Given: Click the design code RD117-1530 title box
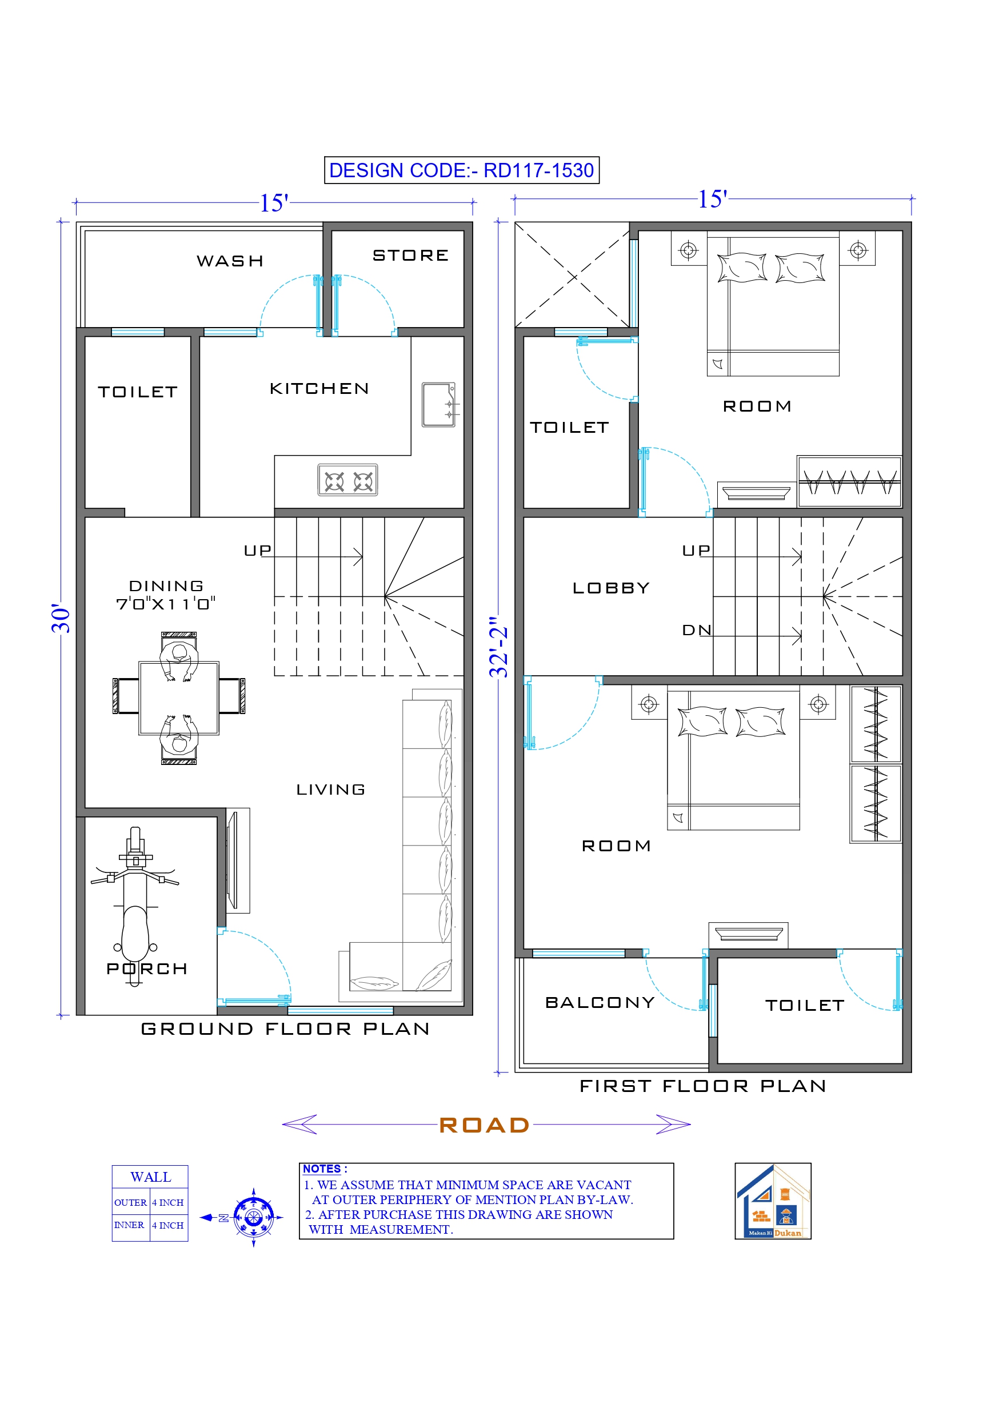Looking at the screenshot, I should click(461, 170).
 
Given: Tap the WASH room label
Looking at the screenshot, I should click(230, 261).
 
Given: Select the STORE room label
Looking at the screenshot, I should click(410, 255).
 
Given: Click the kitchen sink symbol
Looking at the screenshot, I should click(439, 405).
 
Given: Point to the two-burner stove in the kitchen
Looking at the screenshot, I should click(348, 480).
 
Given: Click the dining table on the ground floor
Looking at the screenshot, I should click(179, 697).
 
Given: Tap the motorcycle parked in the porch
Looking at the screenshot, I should click(135, 902).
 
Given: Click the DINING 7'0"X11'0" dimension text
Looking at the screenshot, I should click(166, 603).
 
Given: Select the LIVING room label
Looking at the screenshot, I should click(331, 789).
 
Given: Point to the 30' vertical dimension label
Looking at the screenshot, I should click(61, 619).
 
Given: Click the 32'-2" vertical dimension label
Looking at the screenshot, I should click(498, 647).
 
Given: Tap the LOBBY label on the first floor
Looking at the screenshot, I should click(611, 588).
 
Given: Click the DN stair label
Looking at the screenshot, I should click(697, 630).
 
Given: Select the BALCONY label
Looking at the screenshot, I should click(600, 1002).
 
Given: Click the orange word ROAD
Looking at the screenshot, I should click(485, 1125).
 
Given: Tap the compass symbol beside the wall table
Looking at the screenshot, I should click(253, 1218).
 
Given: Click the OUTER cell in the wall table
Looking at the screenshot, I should click(130, 1202).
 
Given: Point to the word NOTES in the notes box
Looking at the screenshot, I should click(322, 1169).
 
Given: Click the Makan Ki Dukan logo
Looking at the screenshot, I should click(773, 1201).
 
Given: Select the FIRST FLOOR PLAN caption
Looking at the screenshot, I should click(702, 1086).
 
